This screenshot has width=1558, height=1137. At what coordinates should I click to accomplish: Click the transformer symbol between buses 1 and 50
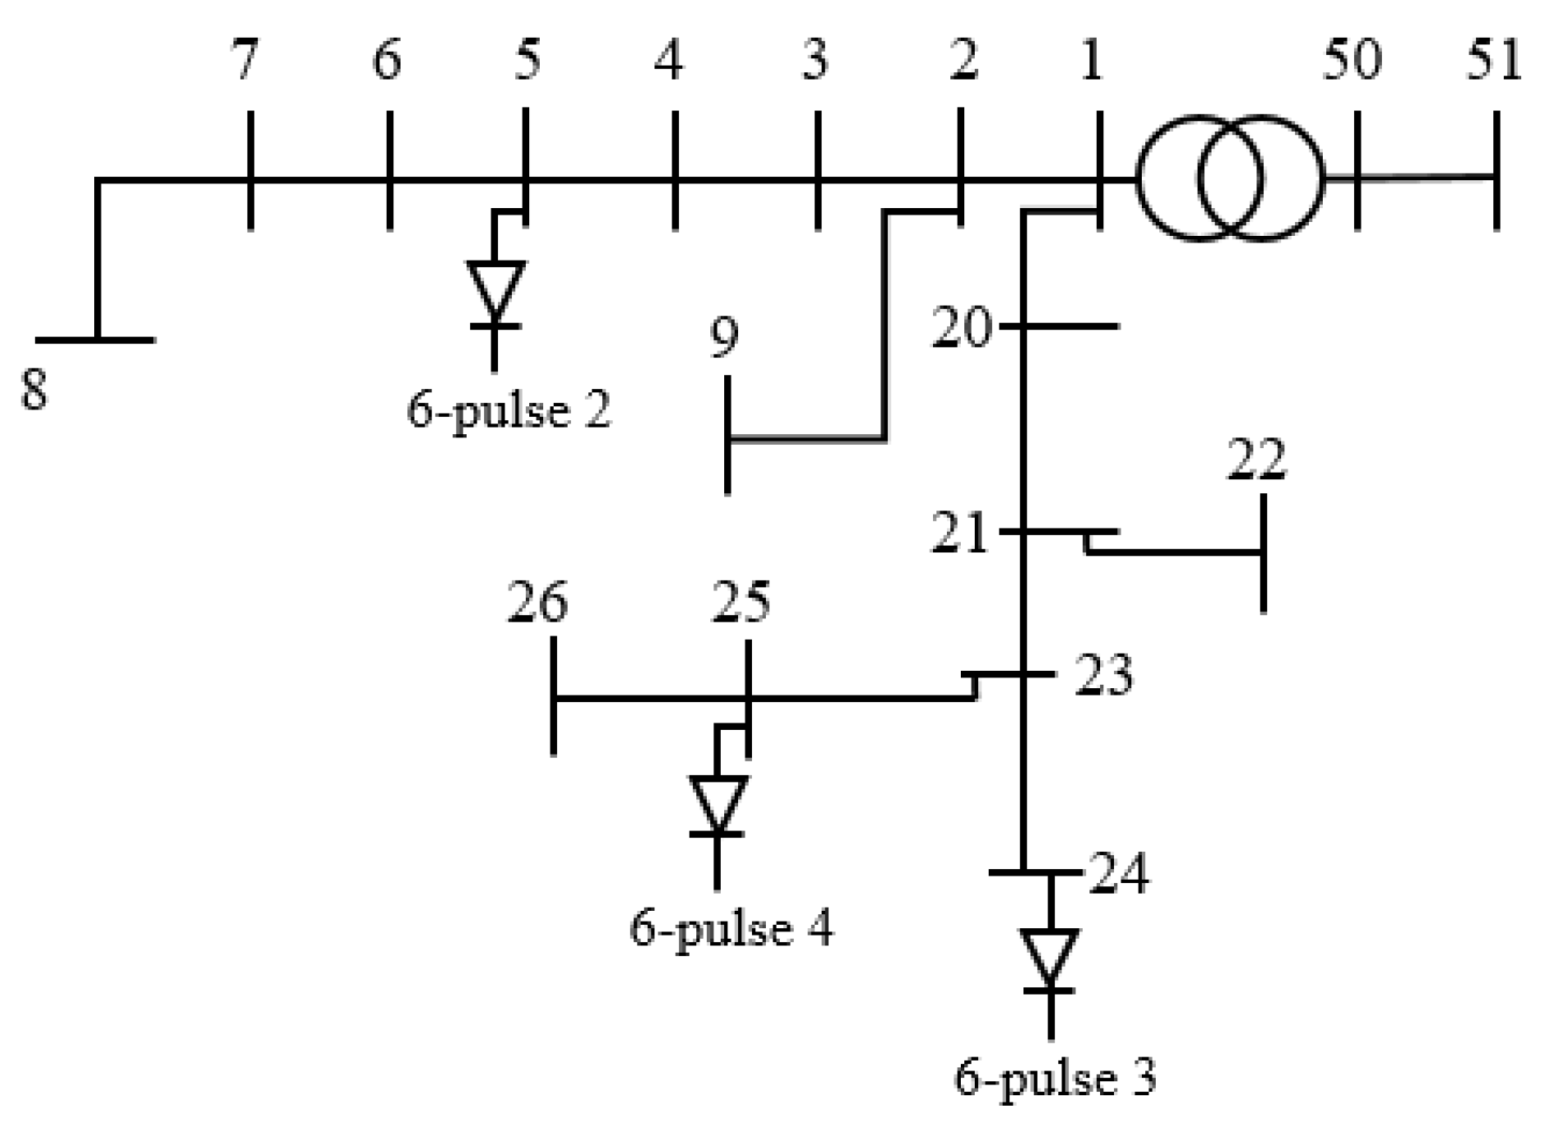(x=1229, y=179)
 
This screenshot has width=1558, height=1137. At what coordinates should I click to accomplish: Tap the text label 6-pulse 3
(x=1055, y=1079)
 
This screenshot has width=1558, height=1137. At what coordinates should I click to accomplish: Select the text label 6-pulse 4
(x=731, y=930)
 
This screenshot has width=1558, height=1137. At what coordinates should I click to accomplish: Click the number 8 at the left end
(x=34, y=389)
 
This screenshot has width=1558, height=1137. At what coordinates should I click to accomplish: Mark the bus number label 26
(x=537, y=603)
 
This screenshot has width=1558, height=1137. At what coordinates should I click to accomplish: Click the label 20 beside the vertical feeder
(x=961, y=328)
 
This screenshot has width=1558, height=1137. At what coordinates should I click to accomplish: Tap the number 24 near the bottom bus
(x=1118, y=873)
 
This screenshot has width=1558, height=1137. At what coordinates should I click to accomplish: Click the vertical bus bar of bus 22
(x=1263, y=553)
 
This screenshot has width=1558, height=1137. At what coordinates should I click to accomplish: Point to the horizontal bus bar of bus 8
(x=95, y=338)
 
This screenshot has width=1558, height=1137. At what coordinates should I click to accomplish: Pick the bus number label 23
(x=1103, y=675)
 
